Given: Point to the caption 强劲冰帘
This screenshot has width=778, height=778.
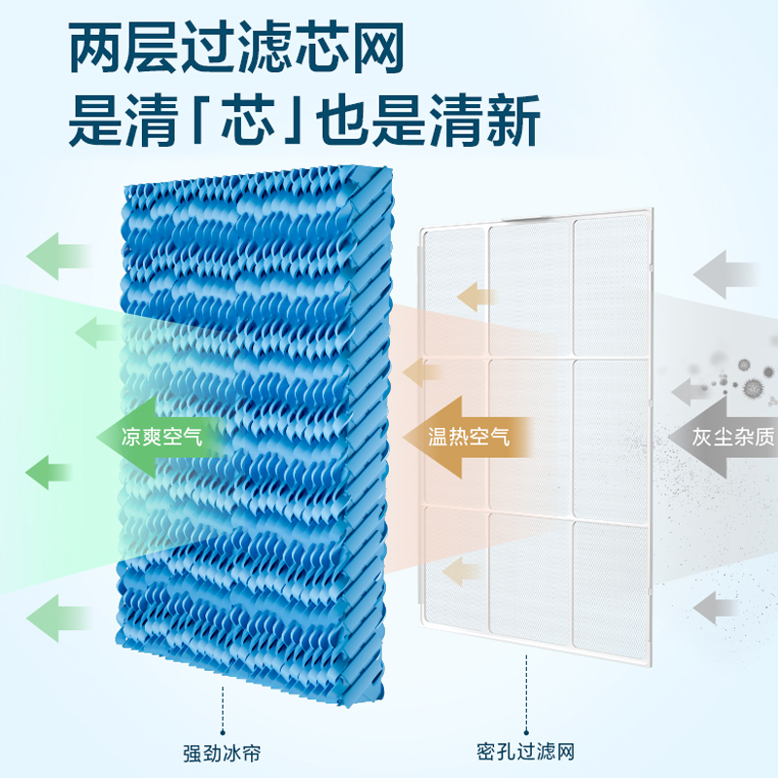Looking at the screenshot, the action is point(220,752).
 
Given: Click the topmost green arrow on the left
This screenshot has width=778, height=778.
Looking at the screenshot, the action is point(56,255).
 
